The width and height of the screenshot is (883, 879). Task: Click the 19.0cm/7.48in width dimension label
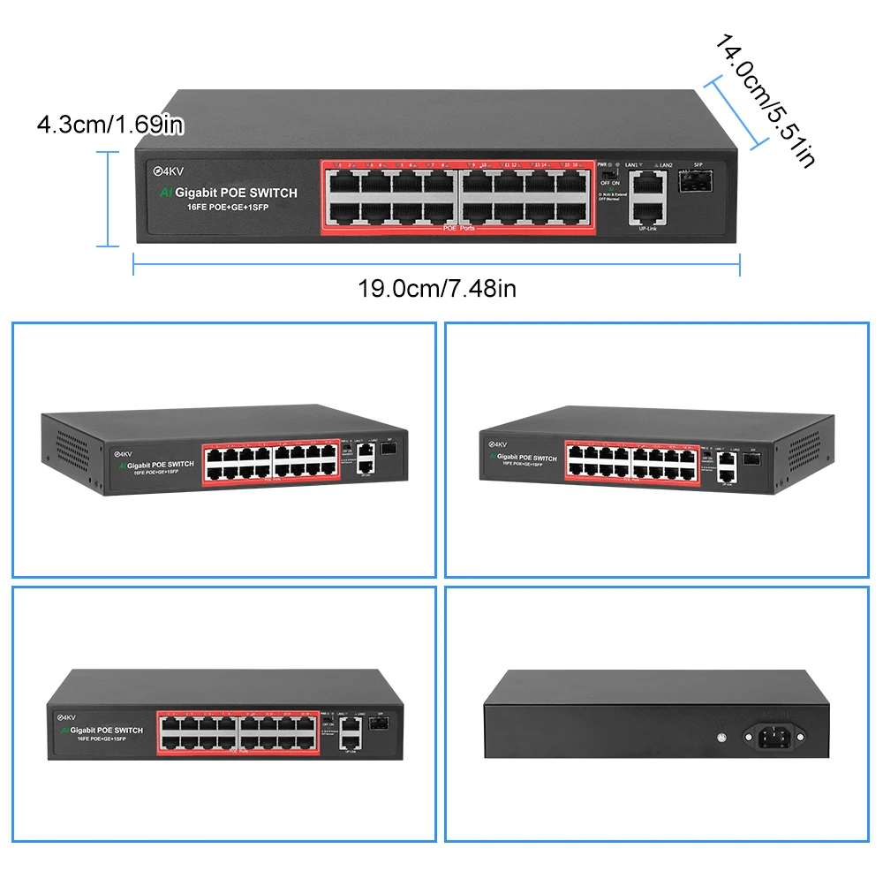pyautogui.click(x=436, y=288)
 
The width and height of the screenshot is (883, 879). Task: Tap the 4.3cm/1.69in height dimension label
pyautogui.click(x=109, y=125)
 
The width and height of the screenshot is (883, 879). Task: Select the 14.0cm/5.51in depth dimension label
pyautogui.click(x=764, y=99)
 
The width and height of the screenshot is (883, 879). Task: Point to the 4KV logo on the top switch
pyautogui.click(x=168, y=170)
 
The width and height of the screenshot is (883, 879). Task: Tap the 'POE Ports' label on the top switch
pyautogui.click(x=458, y=229)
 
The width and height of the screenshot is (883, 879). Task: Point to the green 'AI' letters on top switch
pyautogui.click(x=165, y=193)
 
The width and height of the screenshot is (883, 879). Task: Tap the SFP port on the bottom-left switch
pyautogui.click(x=378, y=724)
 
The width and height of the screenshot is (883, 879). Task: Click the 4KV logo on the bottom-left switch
pyautogui.click(x=66, y=717)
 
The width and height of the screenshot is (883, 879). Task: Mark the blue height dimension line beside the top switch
pyautogui.click(x=109, y=199)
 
